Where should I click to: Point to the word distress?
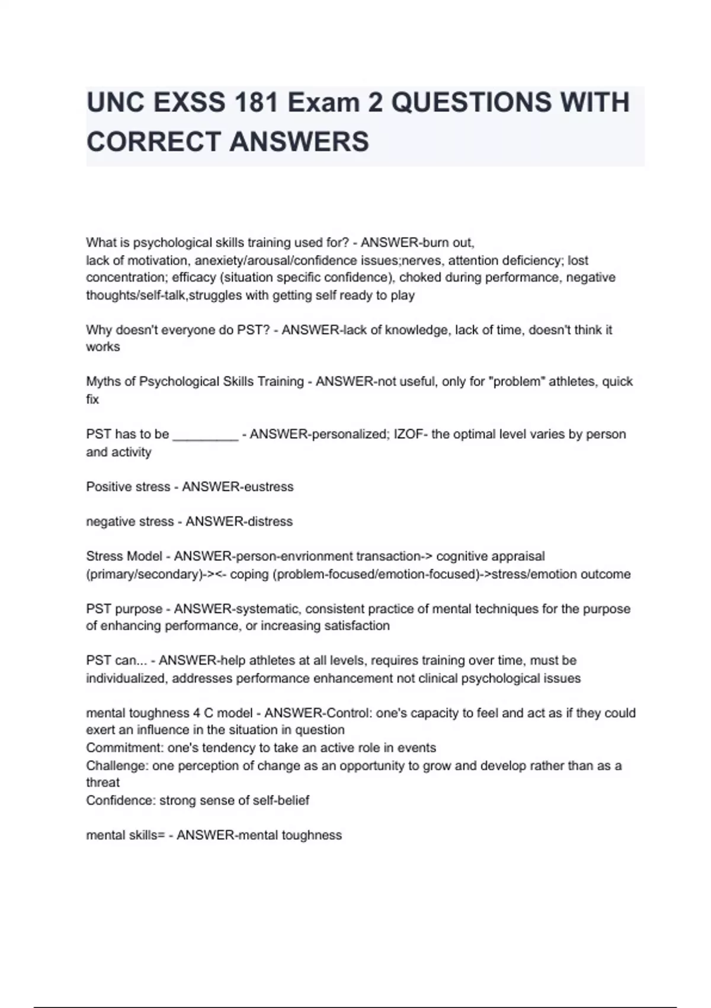click(x=270, y=522)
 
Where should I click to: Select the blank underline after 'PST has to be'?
click(x=205, y=435)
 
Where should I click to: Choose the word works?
click(x=103, y=347)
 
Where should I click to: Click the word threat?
click(x=103, y=783)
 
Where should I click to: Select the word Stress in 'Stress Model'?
click(x=104, y=556)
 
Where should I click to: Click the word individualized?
click(x=126, y=678)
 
